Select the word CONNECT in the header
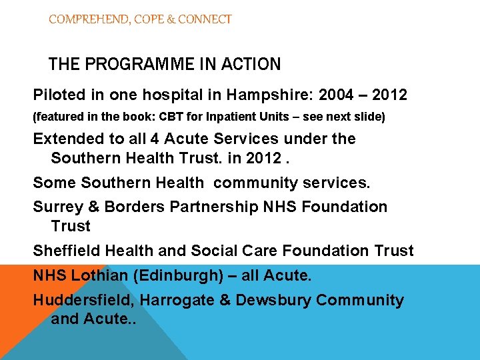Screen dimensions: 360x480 tap(204, 19)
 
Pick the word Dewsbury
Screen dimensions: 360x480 tap(273, 300)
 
